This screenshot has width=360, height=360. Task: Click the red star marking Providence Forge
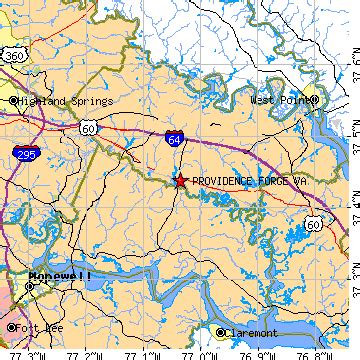pyautogui.click(x=179, y=181)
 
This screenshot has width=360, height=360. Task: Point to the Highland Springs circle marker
pyautogui.click(x=13, y=101)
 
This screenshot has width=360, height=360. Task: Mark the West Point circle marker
pyautogui.click(x=314, y=100)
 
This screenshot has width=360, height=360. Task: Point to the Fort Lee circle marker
pyautogui.click(x=11, y=327)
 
